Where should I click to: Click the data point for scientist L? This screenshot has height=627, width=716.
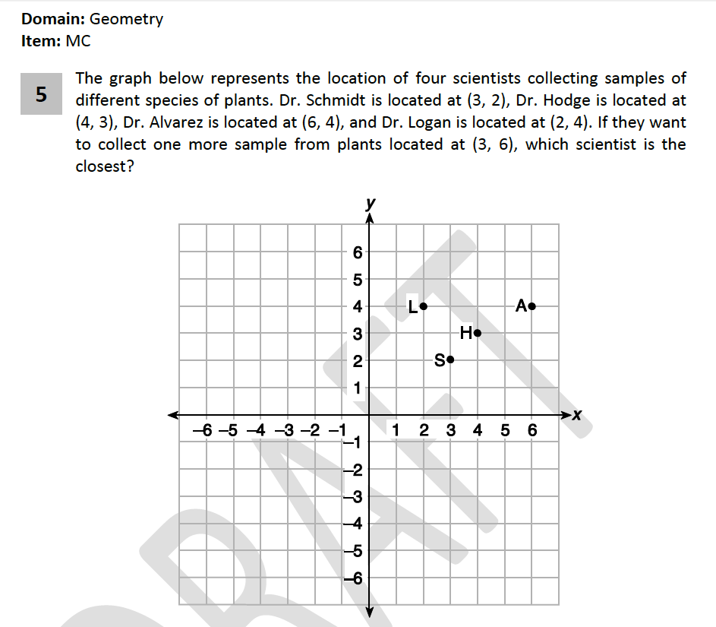[424, 306]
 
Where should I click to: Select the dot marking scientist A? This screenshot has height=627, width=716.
[532, 306]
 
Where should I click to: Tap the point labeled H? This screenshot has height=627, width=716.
[478, 333]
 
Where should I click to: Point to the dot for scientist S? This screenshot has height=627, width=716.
[450, 359]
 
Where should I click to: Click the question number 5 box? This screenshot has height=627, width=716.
[41, 94]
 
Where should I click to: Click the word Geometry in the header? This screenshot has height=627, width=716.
[126, 20]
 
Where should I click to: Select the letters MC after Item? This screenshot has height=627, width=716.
[78, 41]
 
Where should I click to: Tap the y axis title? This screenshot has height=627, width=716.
[370, 203]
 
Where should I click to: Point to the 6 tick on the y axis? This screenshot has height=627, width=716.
[358, 252]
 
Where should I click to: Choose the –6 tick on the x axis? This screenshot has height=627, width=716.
[201, 431]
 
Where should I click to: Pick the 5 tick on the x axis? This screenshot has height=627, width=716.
[505, 431]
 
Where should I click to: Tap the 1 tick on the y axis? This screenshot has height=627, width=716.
[358, 388]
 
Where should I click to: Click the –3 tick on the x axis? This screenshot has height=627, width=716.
[283, 431]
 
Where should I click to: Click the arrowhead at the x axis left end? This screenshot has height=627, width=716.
[173, 414]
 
